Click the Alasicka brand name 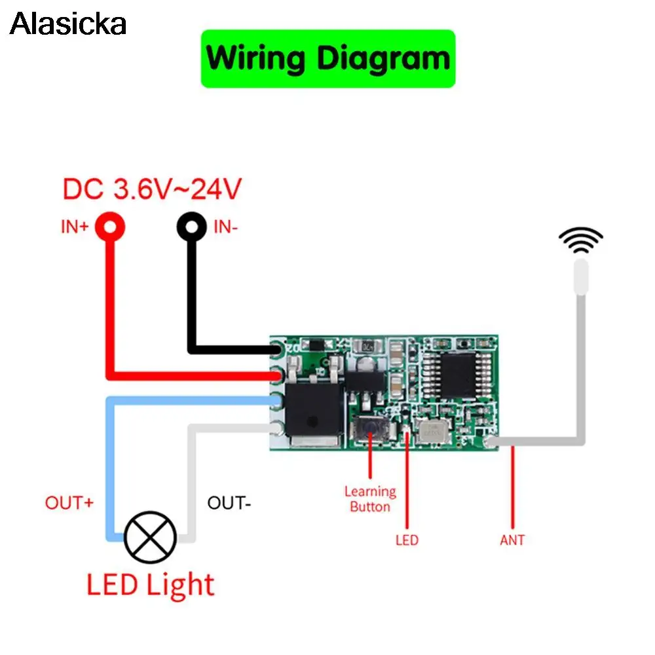67,24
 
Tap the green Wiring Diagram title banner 327,58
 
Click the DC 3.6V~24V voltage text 152,189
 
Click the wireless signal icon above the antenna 580,240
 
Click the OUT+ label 69,503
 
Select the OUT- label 229,503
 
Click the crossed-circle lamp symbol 150,535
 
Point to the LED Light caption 150,585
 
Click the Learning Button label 370,498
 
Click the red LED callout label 407,540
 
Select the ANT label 512,540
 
